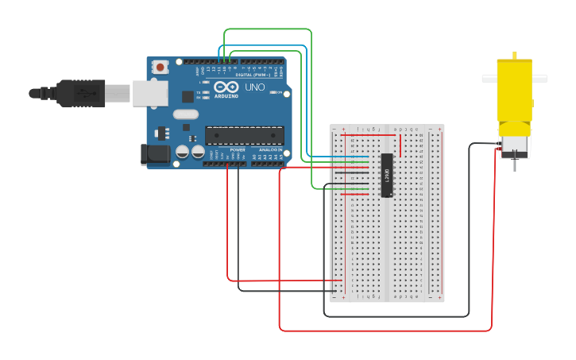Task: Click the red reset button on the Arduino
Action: [x=160, y=68]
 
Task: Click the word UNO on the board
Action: [x=255, y=87]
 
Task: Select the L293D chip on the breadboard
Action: [x=387, y=175]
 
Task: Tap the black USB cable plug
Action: [x=79, y=93]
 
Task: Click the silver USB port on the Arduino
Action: [x=150, y=93]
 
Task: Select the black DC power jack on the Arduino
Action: [x=155, y=154]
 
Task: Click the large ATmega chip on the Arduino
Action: [x=244, y=136]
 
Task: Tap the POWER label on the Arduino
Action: [x=238, y=149]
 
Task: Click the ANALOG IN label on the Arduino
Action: [x=270, y=149]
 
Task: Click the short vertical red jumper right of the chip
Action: [x=400, y=145]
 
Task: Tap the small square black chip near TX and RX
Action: [x=187, y=96]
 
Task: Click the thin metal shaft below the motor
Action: [x=514, y=165]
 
